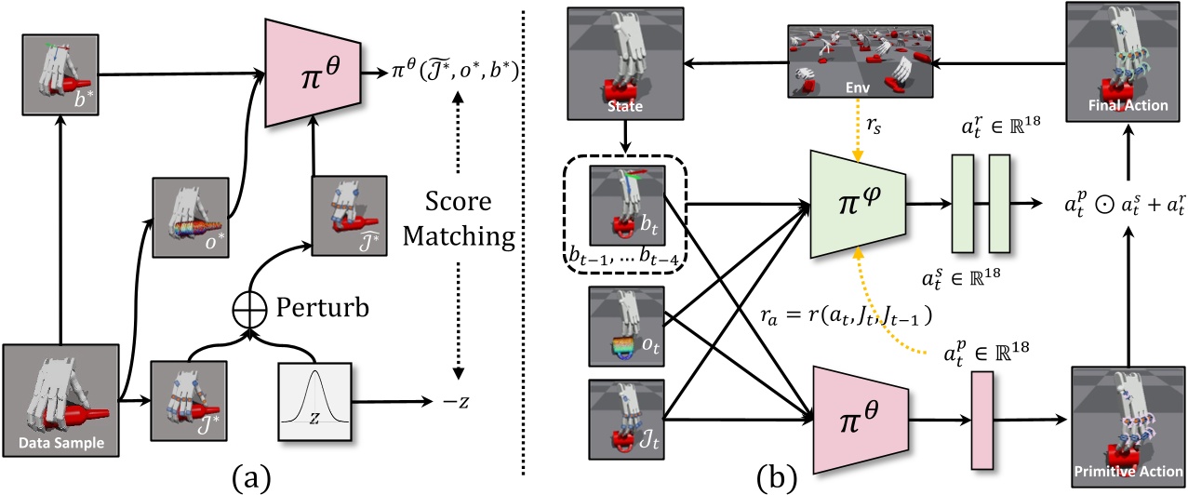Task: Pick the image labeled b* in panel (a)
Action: (x=61, y=72)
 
